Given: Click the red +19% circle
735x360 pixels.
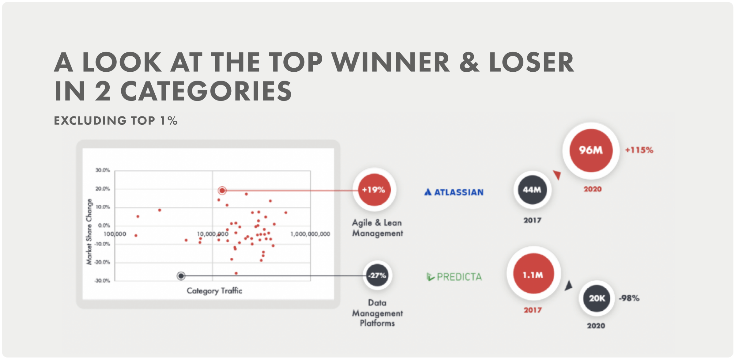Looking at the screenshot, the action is [374, 190].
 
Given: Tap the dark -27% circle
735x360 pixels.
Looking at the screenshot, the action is [377, 275].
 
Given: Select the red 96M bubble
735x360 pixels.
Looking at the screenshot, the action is [591, 150].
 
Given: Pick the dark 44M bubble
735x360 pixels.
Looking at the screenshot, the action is [532, 190].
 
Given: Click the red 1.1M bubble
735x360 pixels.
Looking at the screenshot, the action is [533, 274].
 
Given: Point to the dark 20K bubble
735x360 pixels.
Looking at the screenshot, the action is [597, 298].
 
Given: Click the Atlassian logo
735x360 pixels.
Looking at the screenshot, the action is [454, 192].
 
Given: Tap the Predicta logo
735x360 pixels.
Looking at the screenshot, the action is [454, 277].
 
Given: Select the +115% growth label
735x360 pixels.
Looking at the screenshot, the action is [639, 150].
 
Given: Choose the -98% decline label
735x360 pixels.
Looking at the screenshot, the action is [629, 298].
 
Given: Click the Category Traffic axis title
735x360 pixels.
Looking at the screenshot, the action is [214, 291].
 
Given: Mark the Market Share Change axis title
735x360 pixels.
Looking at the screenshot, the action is [89, 232].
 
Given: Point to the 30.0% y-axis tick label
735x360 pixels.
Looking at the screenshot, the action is [102, 170].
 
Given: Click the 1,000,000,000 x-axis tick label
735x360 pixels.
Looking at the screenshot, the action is [310, 234].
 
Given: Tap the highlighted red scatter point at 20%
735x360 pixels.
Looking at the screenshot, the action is [222, 191].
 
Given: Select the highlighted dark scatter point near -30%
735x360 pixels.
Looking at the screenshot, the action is [181, 276].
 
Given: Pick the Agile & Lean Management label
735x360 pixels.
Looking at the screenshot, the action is [377, 228].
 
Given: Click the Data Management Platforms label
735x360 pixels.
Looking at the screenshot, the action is [377, 313].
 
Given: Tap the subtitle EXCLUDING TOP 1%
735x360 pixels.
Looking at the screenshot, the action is [116, 120].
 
